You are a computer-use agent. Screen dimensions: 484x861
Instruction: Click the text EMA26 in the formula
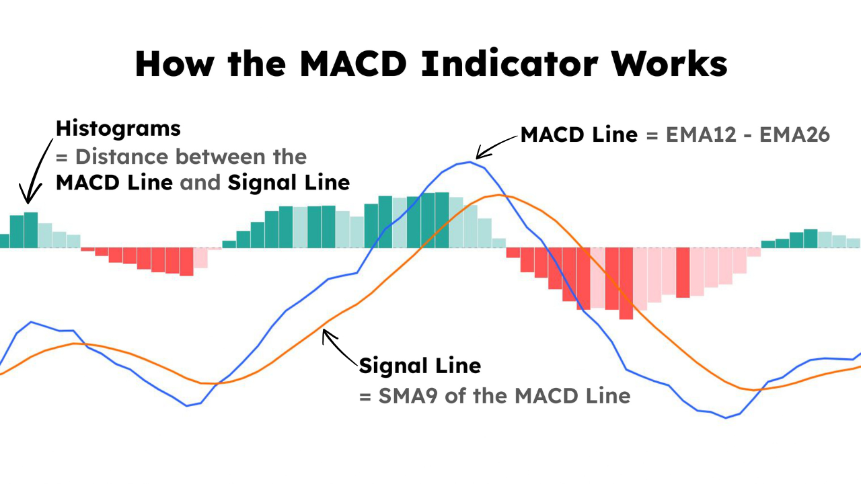coord(794,135)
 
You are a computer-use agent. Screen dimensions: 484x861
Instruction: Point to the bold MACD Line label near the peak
coord(579,135)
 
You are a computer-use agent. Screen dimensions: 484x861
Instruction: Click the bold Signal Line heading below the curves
coord(420,366)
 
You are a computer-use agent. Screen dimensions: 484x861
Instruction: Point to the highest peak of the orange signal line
coord(498,195)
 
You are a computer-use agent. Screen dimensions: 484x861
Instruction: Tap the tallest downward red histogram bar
coord(626,282)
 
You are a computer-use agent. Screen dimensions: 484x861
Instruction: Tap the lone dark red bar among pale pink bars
coord(683,272)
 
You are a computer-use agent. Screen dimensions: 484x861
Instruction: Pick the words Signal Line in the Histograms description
coord(289,182)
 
